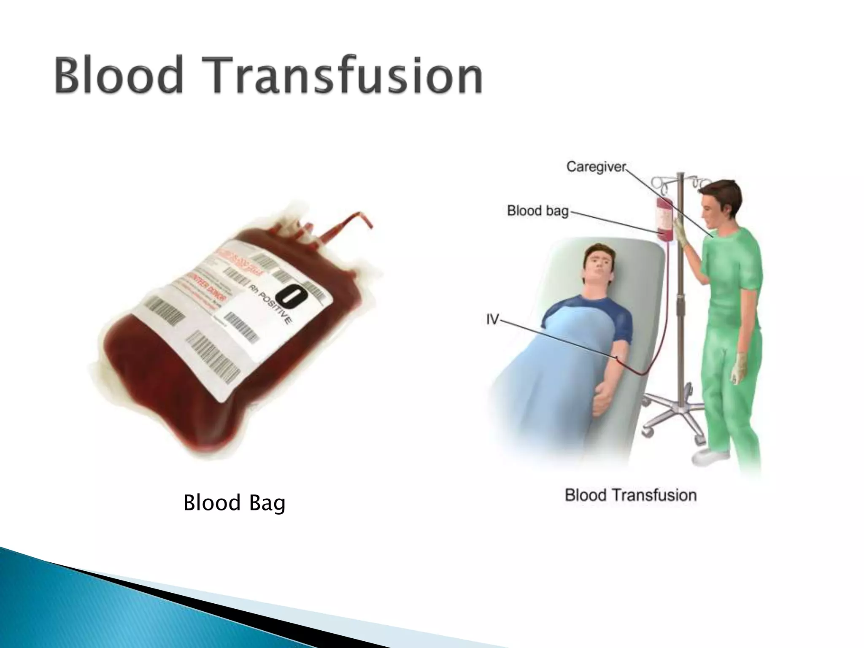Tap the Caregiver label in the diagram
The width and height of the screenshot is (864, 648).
[596, 167]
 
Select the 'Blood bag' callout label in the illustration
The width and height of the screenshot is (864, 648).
[537, 210]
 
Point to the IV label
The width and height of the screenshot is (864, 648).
[492, 320]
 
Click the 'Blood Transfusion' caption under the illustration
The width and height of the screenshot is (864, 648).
[630, 495]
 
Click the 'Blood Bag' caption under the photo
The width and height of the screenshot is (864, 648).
[234, 502]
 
